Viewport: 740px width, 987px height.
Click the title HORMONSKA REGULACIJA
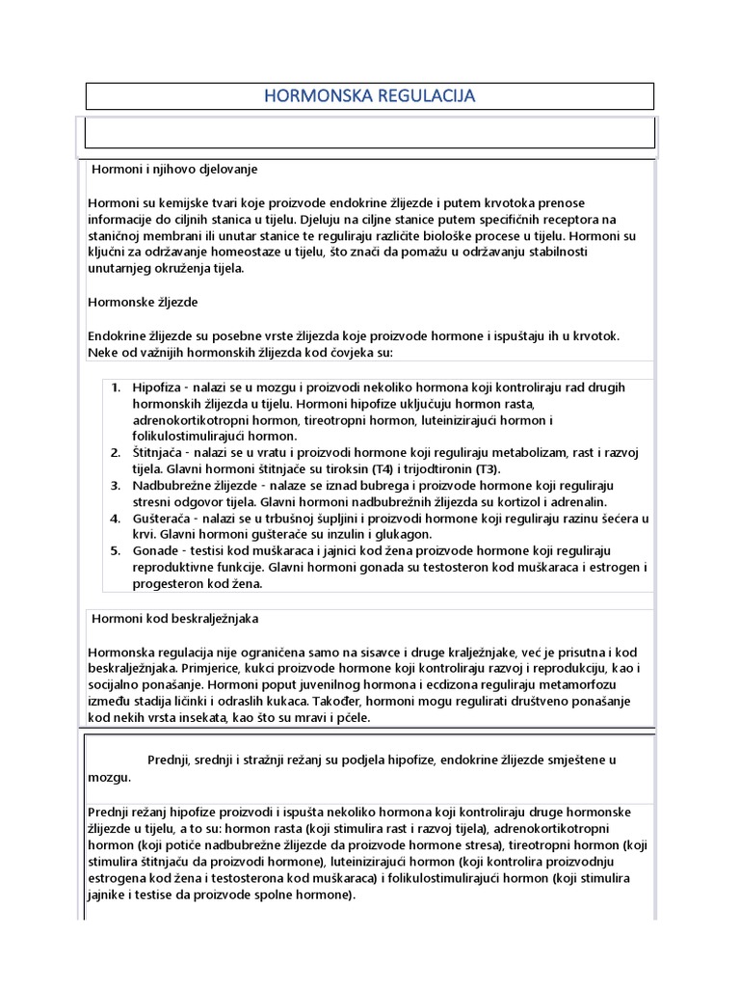coord(370,95)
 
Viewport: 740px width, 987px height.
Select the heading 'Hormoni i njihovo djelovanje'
coord(174,169)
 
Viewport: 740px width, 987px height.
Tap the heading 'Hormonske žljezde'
coord(143,302)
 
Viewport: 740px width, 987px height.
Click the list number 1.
coord(116,387)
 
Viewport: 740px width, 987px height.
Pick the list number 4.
coord(116,519)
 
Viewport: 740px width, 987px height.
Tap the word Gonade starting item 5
coord(157,551)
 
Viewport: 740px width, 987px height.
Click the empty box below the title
coord(370,132)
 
